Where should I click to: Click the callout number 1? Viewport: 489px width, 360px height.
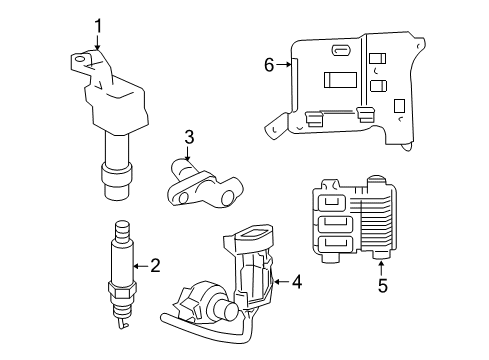point(98,25)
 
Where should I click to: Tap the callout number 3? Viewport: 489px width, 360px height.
point(187,137)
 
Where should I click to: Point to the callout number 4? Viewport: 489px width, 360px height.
point(295,281)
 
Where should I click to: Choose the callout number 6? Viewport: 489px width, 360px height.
point(268,65)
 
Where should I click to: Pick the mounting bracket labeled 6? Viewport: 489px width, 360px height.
point(350,85)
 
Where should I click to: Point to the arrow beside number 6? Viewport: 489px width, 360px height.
point(284,65)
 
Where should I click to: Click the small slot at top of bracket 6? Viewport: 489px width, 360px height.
point(341,50)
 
